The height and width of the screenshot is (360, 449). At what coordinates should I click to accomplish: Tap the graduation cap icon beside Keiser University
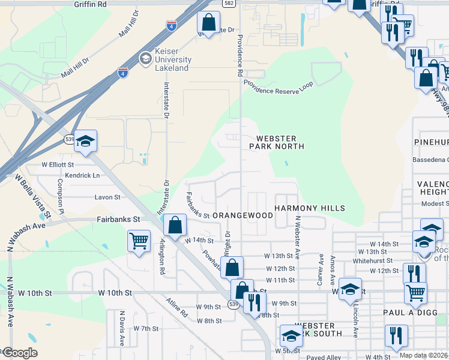click(145, 59)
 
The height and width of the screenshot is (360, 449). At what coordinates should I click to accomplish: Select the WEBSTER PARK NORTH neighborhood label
click(277, 142)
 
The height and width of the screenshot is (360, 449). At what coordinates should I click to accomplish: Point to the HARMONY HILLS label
click(310, 208)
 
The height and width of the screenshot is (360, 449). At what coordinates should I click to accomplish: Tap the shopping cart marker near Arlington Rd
click(139, 242)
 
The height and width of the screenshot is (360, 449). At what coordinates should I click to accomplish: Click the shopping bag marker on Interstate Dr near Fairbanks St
click(174, 226)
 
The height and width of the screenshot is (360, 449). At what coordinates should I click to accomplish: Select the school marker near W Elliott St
click(85, 142)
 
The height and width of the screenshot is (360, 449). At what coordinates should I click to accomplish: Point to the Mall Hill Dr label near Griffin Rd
click(128, 23)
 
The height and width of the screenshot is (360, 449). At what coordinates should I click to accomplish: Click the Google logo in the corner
click(20, 353)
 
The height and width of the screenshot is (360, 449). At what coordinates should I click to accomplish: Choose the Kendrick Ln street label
click(82, 175)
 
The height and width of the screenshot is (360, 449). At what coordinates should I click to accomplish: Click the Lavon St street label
click(107, 197)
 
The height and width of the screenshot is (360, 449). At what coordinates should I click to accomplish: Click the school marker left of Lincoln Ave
click(350, 288)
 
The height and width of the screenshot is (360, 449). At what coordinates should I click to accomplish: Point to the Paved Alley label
click(324, 357)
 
